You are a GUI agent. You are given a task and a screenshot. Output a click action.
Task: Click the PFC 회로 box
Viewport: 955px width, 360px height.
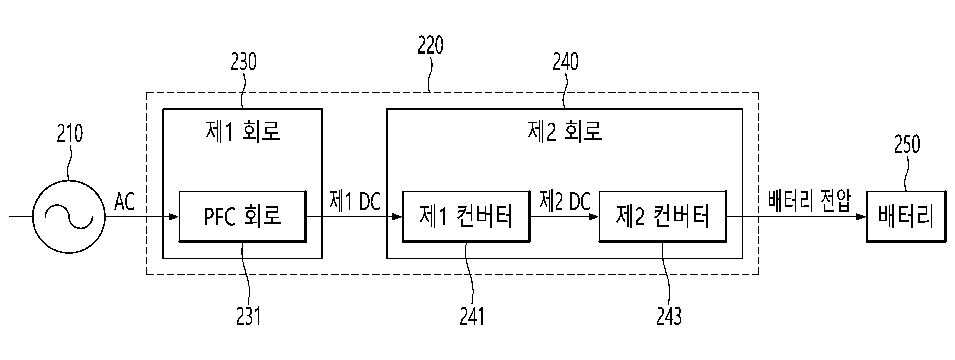243,217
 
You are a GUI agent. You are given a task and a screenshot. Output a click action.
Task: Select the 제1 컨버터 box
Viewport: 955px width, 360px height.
466,217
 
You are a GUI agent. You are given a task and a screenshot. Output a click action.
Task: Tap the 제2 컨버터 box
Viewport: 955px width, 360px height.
662,217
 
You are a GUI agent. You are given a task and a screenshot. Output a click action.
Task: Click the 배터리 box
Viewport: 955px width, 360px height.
906,217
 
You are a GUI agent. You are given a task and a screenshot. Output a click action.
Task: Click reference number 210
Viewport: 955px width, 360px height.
70,134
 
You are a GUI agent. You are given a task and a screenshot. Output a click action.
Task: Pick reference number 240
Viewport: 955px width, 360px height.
565,61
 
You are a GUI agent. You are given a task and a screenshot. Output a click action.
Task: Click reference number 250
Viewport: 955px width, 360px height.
907,144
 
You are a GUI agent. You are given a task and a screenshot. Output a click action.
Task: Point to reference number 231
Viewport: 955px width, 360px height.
248,316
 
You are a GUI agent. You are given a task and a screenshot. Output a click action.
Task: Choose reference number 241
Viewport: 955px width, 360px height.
472,316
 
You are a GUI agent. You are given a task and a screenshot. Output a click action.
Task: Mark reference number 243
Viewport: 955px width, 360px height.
669,316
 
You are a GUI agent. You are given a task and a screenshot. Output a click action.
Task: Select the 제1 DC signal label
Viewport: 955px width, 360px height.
355,201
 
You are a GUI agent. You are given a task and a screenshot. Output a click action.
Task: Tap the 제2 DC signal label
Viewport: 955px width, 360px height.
565,201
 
